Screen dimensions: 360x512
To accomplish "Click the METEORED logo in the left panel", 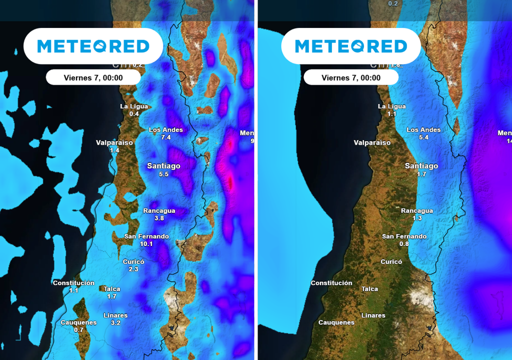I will tap(93, 46).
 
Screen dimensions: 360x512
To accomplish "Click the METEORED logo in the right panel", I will tap(350, 46).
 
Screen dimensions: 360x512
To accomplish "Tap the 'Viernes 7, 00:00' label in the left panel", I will tap(93, 77).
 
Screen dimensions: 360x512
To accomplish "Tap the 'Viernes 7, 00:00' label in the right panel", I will tap(350, 77).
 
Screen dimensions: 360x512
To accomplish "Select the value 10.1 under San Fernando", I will tap(146, 244).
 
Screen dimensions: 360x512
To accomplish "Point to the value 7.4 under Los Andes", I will tap(166, 137).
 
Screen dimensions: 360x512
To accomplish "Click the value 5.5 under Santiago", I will tap(163, 174).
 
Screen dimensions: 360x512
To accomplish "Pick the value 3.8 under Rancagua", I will tap(159, 218).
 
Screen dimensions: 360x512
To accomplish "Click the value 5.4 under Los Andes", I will tap(423, 137).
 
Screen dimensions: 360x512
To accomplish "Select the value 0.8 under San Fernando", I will tap(404, 244).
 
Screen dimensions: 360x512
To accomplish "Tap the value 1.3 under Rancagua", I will tap(417, 218).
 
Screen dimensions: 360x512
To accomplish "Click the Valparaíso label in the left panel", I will tap(114, 142).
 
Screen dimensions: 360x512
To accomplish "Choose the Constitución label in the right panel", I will tap(331, 283).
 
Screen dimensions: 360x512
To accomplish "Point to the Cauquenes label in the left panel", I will tap(78, 322).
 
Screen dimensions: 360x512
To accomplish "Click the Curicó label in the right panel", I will tap(391, 261).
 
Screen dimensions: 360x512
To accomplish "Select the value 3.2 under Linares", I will tap(115, 323).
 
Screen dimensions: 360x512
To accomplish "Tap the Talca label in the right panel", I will tap(369, 289).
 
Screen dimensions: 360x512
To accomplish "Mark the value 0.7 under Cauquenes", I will tap(78, 330).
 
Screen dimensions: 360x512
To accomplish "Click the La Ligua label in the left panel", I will tap(134, 106).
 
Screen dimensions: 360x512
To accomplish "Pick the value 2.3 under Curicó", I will tap(133, 269).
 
